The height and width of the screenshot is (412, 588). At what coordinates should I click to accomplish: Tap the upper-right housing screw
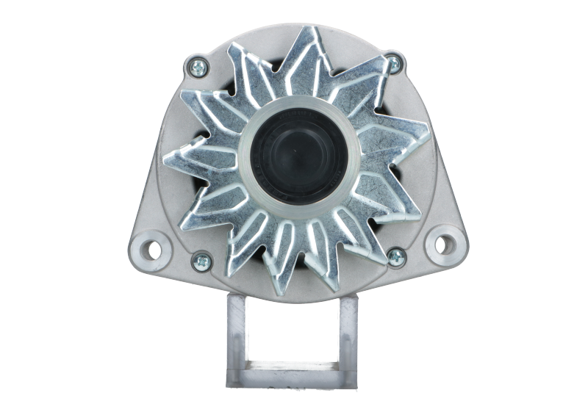pyautogui.click(x=394, y=64)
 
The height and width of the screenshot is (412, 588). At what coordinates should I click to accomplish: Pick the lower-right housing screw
pyautogui.click(x=396, y=256)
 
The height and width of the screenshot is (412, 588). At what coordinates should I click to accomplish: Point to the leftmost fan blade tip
pyautogui.click(x=163, y=155)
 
